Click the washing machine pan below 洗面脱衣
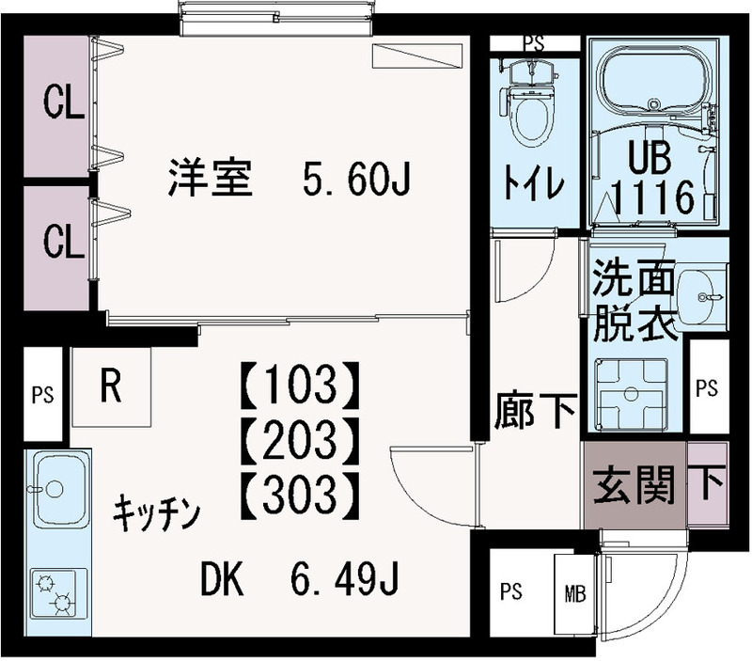coord(631,396)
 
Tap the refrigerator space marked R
coord(111,387)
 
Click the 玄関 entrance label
coord(635,485)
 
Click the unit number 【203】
coord(300,435)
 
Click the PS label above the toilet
coord(533,42)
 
